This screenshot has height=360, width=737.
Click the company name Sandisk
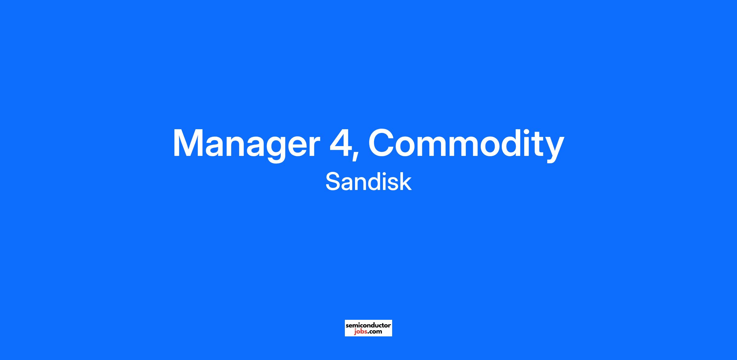(x=368, y=181)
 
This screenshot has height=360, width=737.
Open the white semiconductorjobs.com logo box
(x=368, y=328)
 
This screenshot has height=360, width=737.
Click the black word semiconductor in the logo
(x=368, y=325)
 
